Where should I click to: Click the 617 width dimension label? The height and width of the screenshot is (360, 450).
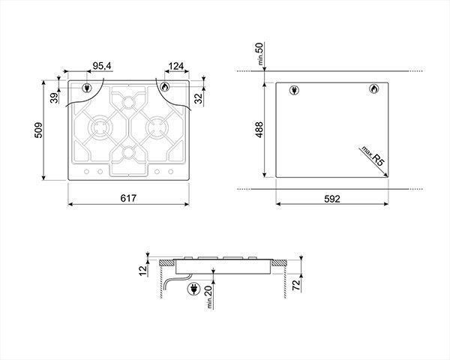(x=128, y=198)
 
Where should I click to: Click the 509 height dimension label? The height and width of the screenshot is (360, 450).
(x=38, y=130)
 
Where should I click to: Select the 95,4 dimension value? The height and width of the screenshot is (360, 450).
(x=102, y=66)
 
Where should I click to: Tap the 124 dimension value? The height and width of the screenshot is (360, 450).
(x=176, y=66)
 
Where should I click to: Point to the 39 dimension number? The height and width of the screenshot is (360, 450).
(x=54, y=98)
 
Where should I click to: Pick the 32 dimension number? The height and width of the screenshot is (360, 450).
(x=198, y=98)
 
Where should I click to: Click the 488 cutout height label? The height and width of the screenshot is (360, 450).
(x=259, y=130)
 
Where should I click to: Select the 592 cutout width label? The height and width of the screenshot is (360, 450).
(x=332, y=199)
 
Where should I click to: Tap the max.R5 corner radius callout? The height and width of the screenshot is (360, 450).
(x=373, y=155)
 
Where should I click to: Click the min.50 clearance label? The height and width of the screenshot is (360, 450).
(x=260, y=54)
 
